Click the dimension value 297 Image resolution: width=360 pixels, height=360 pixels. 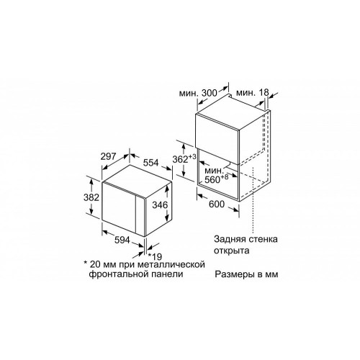[x=108, y=156]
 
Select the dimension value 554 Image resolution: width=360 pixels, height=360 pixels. [x=151, y=163]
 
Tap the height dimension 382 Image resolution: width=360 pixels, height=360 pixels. [x=91, y=197]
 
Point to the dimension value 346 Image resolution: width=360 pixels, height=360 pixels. [x=160, y=205]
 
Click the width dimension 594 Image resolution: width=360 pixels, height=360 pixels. [x=122, y=240]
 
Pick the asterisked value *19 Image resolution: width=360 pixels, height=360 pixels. [x=155, y=256]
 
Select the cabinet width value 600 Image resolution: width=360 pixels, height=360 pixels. [x=217, y=204]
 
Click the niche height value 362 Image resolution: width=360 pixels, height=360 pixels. [x=181, y=159]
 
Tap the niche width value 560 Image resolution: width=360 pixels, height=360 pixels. [x=212, y=179]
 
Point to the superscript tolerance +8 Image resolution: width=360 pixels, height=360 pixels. [x=225, y=177]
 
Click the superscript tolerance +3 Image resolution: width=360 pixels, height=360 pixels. [x=192, y=157]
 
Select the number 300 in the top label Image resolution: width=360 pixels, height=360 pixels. [x=209, y=93]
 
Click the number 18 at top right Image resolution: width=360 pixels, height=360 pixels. [x=264, y=92]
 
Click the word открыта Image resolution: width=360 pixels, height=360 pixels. [x=232, y=251]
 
